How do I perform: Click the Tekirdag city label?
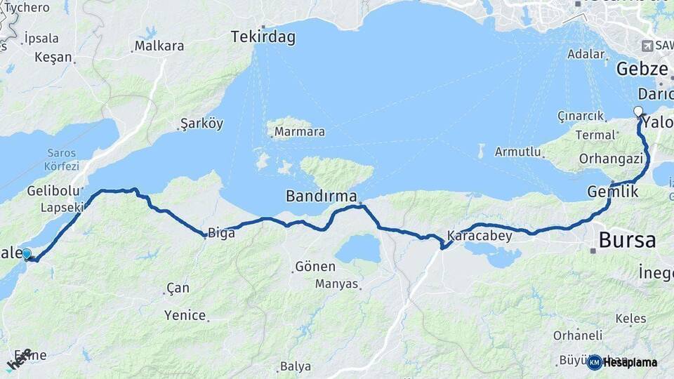pyautogui.click(x=263, y=37)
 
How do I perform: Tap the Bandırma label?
pyautogui.click(x=322, y=196)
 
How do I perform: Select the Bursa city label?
pyautogui.click(x=627, y=240)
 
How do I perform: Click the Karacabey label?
pyautogui.click(x=480, y=236)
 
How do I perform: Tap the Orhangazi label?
pyautogui.click(x=611, y=159)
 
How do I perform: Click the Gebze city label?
pyautogui.click(x=642, y=69)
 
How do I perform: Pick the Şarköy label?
pyautogui.click(x=201, y=124)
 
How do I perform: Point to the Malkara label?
pyautogui.click(x=159, y=46)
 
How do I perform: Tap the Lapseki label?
pyautogui.click(x=62, y=208)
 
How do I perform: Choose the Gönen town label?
pyautogui.click(x=315, y=267)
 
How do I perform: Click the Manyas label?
pyautogui.click(x=336, y=284)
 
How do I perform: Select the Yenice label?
pyautogui.click(x=185, y=315)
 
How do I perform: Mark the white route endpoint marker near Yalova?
pyautogui.click(x=637, y=111)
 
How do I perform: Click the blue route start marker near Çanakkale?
pyautogui.click(x=27, y=254)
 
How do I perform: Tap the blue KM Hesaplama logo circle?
pyautogui.click(x=594, y=362)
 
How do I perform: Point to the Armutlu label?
pyautogui.click(x=518, y=152)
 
